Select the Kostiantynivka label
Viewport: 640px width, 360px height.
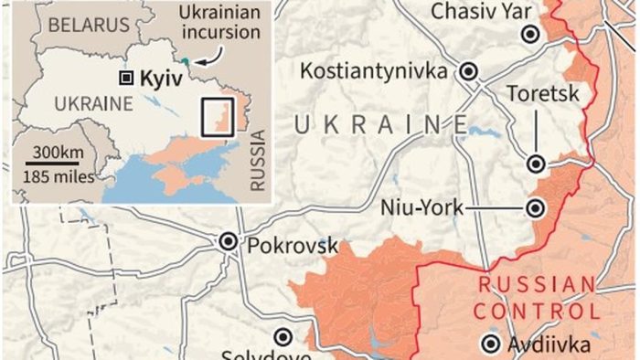pos(375,70)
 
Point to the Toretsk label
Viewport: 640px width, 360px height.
pos(536,92)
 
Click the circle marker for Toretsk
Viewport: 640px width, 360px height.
pos(537,164)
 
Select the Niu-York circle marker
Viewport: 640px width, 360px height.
pos(537,209)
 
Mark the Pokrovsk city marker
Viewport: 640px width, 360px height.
pos(229,242)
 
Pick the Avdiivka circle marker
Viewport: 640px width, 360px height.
pos(492,344)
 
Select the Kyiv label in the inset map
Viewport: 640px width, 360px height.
pos(157,78)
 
